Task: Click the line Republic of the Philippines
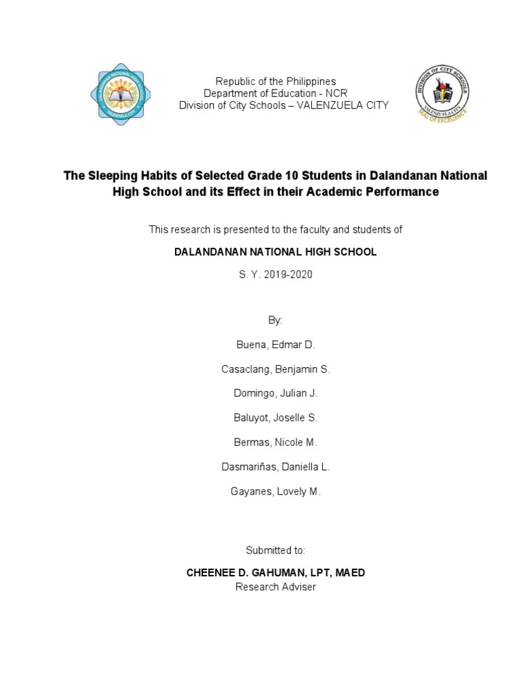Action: click(275, 81)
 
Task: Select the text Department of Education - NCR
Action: click(275, 94)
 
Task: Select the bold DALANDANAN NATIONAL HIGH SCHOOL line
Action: click(275, 252)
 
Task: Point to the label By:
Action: click(275, 320)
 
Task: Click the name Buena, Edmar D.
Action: click(275, 345)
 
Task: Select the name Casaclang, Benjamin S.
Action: click(275, 369)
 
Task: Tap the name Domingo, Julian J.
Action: click(275, 394)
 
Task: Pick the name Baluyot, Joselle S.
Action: click(275, 418)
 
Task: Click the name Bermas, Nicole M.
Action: click(275, 443)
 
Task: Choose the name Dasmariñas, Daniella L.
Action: click(275, 467)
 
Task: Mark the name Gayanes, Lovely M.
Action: click(275, 491)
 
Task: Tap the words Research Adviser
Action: click(275, 587)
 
